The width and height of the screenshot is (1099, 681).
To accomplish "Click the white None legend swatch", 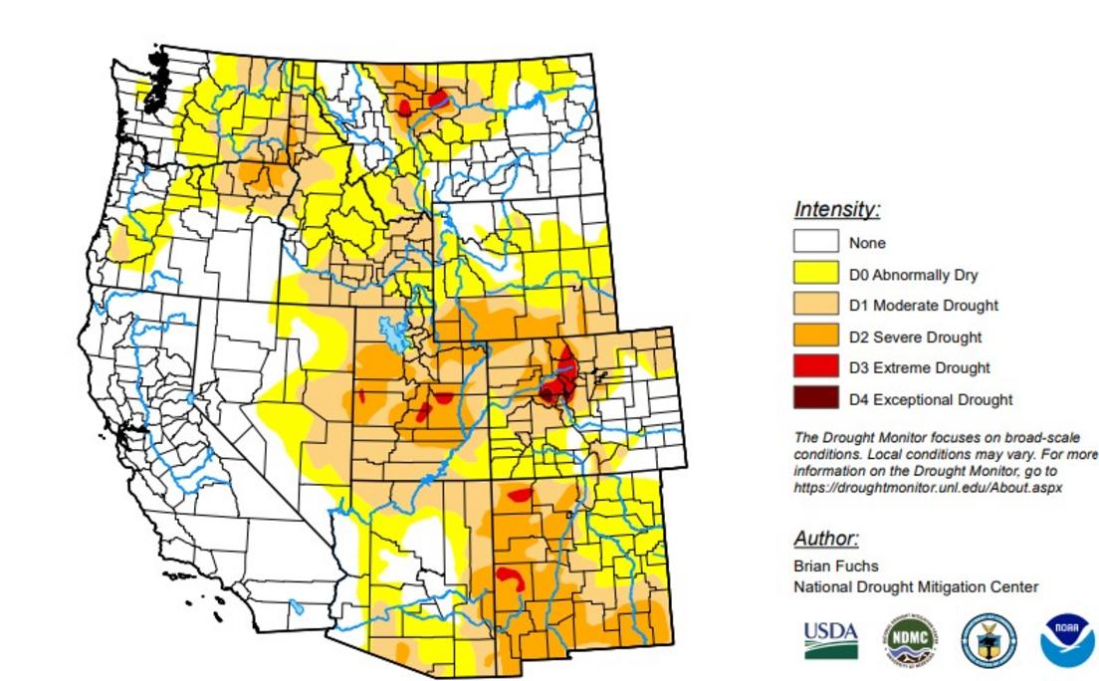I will [x=815, y=242].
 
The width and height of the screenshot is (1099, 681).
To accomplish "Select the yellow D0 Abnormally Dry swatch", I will [x=815, y=274].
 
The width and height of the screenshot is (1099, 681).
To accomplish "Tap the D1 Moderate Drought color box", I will [x=815, y=305].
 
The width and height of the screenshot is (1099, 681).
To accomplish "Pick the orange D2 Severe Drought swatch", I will [x=815, y=337].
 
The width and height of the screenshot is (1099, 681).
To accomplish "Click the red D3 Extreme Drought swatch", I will [x=815, y=367].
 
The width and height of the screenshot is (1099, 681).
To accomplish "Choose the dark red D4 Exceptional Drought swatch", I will [x=815, y=399].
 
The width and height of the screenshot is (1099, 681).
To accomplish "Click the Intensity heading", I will [x=836, y=210].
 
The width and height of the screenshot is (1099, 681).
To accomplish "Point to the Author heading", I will [x=825, y=539].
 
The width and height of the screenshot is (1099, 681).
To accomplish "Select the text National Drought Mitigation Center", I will [x=915, y=586].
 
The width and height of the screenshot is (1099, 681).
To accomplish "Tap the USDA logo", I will [x=830, y=639].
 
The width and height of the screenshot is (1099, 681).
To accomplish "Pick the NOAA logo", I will [x=1066, y=640].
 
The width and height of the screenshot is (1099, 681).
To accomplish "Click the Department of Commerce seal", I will [x=989, y=640].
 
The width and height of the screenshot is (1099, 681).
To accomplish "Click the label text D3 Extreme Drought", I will [x=919, y=367].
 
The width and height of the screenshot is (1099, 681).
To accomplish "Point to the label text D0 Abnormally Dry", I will [x=913, y=275].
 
